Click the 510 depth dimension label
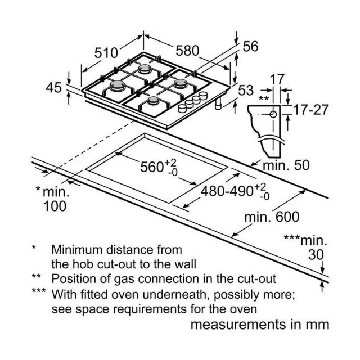(x=106, y=53)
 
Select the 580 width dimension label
(x=187, y=51)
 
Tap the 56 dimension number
(x=250, y=46)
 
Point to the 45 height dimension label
(x=54, y=88)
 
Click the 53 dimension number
(x=246, y=90)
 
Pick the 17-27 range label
(x=311, y=110)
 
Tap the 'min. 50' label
(x=286, y=165)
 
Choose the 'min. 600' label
(x=272, y=217)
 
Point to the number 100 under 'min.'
(x=55, y=206)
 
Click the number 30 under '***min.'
(x=316, y=255)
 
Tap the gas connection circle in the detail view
(x=273, y=114)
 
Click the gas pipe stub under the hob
(x=218, y=103)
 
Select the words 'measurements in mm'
(x=260, y=325)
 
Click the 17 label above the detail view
(x=277, y=79)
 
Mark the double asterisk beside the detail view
(x=264, y=99)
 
